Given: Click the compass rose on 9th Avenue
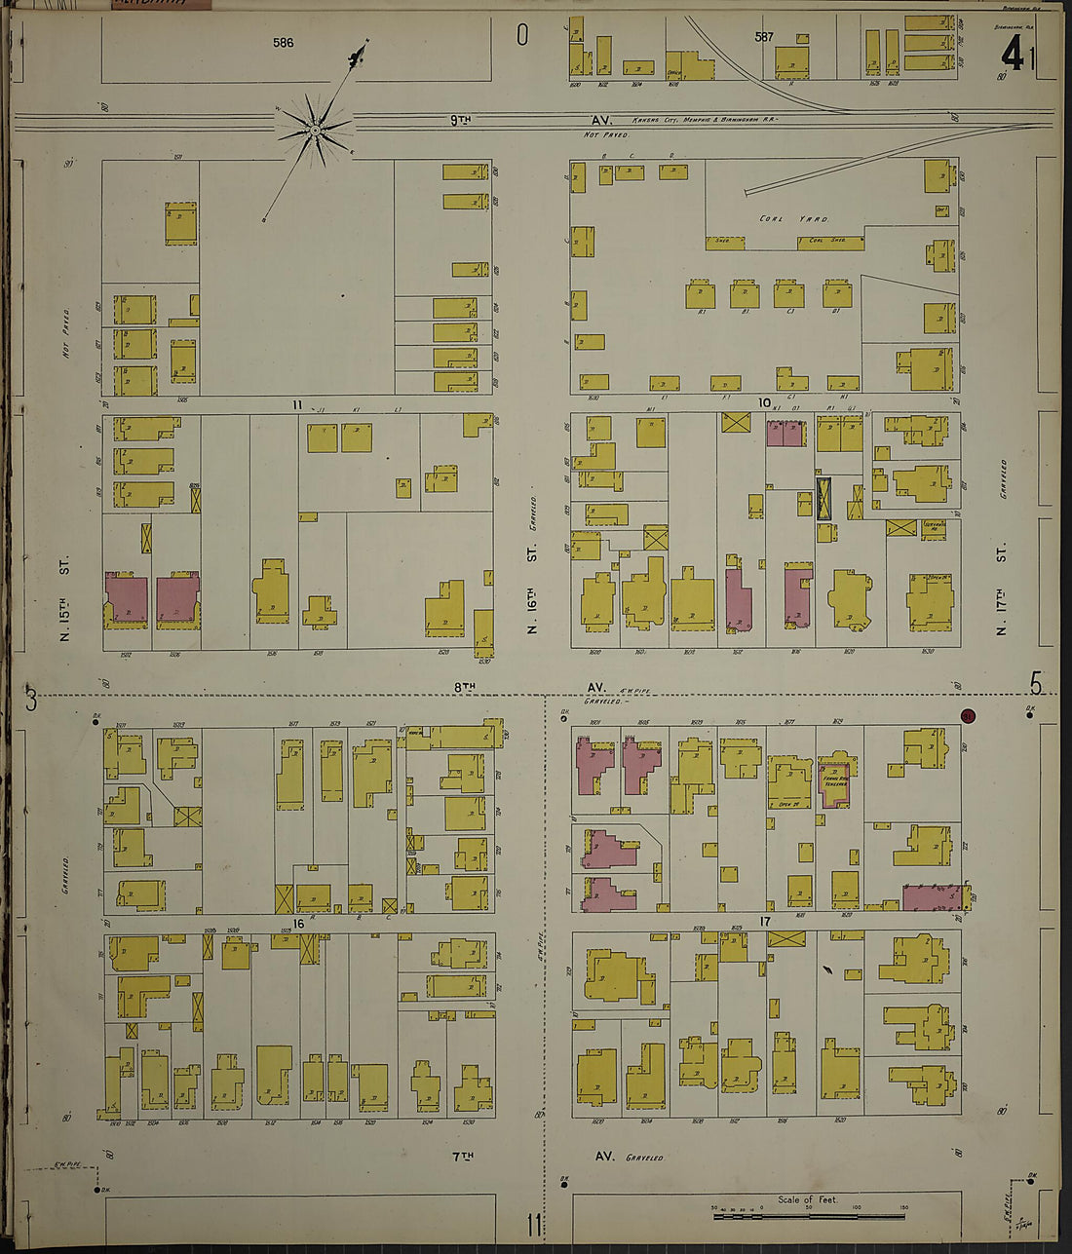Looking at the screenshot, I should point(315,128).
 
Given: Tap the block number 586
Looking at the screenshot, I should point(284,43).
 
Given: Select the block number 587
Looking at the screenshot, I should point(764,37).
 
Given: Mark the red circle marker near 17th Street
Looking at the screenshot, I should point(968,715).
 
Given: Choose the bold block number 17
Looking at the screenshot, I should point(765,921).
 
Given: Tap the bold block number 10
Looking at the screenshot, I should point(765,402).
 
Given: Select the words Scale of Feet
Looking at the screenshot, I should point(807,1199).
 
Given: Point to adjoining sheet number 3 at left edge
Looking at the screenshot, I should point(31,699).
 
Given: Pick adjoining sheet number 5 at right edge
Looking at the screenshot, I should point(1035,685).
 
